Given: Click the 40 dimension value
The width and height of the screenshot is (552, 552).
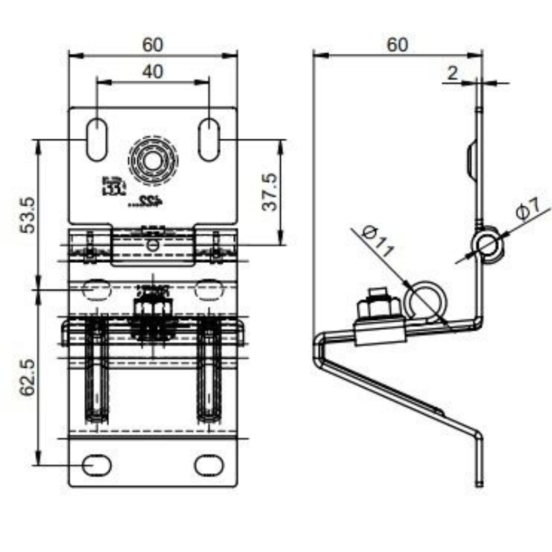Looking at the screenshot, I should click(152, 72).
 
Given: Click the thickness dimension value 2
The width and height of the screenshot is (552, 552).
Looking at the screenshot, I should click(452, 73).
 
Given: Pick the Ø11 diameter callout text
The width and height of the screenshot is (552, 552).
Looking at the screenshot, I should click(377, 241).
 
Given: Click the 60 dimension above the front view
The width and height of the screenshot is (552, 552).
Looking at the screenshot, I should click(152, 44).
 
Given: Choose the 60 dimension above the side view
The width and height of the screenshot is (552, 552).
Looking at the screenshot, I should click(397, 44).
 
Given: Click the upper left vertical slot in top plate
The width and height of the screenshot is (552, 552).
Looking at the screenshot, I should click(97, 140).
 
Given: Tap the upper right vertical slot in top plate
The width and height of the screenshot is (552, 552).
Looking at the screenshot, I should click(209, 140).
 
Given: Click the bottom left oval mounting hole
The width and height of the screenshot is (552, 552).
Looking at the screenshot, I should click(97, 465).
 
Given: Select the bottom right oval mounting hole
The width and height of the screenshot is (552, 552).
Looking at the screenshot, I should click(208, 465).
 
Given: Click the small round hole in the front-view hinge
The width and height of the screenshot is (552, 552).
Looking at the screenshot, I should click(152, 245).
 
